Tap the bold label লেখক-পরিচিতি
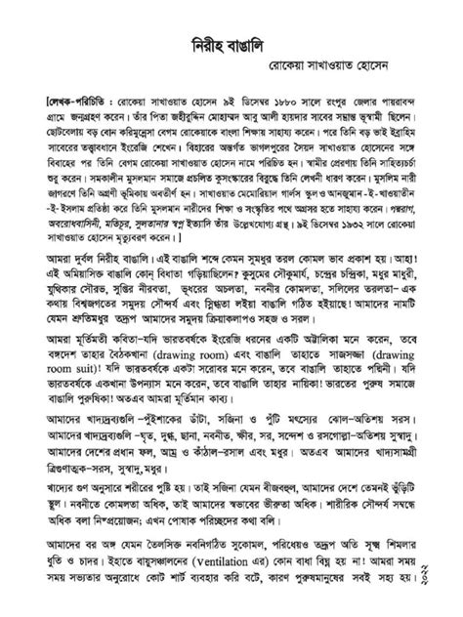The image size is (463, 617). tap(63, 101)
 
